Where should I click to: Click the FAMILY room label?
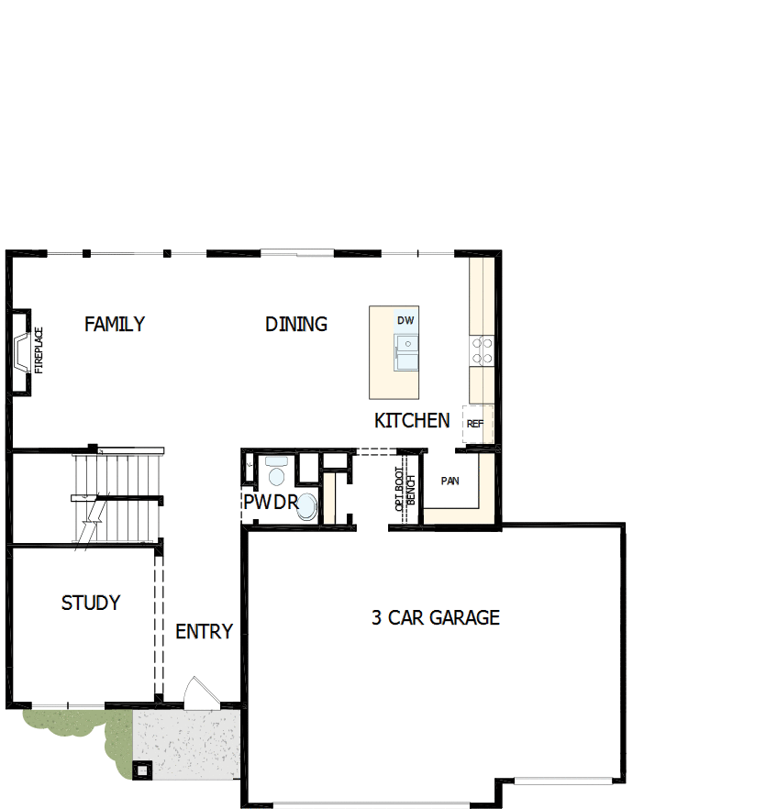coord(115,324)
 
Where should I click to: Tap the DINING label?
coord(296,324)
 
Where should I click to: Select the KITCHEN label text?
coord(412,421)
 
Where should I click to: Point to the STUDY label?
coord(91,603)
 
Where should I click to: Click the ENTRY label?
coord(204,632)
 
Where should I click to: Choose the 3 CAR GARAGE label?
coord(436,617)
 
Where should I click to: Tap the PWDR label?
coord(270,503)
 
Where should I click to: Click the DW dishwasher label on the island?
coord(405,320)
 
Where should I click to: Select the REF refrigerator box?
coord(475,425)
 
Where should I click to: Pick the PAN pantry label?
coord(450,481)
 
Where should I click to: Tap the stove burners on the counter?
coord(482,349)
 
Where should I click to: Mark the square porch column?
coord(141,770)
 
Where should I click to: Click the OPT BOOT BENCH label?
coord(405,492)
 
